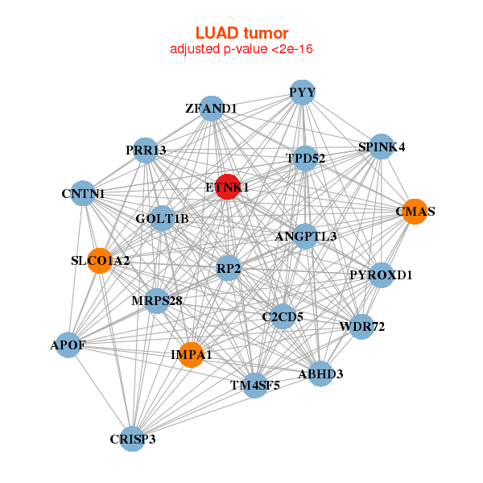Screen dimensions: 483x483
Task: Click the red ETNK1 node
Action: (x=228, y=186)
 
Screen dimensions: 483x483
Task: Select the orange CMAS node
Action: (x=415, y=212)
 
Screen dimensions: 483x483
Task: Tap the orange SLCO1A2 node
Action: (x=99, y=261)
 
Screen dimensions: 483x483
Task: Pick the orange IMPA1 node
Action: (x=191, y=354)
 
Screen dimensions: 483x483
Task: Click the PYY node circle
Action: (x=301, y=92)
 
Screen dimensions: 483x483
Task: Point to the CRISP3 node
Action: (x=133, y=439)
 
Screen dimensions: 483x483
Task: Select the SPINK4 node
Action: (x=381, y=147)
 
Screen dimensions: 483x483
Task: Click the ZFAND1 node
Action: (x=210, y=109)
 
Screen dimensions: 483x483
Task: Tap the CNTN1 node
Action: (x=84, y=193)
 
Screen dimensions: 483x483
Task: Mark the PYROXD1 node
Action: (x=381, y=275)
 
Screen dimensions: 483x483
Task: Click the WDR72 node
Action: (x=361, y=326)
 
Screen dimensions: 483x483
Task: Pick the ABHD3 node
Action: (x=320, y=374)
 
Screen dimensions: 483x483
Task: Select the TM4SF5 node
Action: (x=255, y=386)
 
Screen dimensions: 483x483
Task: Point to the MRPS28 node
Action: (x=157, y=301)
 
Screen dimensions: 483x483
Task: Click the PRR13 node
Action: (x=146, y=150)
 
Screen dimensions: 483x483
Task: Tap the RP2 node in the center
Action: (x=229, y=267)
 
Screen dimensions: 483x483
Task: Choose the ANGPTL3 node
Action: (x=306, y=236)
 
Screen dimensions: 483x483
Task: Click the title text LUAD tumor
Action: (x=242, y=33)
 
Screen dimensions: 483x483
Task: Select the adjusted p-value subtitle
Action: (x=242, y=49)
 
